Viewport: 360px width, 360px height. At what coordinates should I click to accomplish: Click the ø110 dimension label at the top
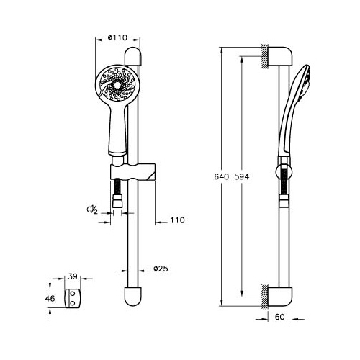click(117, 37)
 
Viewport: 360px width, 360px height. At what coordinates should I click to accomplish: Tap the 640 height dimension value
click(222, 177)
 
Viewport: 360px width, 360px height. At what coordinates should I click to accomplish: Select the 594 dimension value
click(242, 177)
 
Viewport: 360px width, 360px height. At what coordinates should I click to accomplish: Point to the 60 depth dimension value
click(279, 317)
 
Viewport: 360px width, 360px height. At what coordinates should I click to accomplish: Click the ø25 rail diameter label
click(161, 269)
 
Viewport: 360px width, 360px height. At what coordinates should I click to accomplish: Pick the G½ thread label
click(92, 210)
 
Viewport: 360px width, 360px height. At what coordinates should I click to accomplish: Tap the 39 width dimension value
click(73, 276)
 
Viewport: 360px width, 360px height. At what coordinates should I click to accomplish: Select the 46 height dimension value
click(50, 299)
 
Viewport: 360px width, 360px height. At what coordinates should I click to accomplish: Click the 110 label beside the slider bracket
click(177, 220)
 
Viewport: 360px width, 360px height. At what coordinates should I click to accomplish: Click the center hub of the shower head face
click(117, 85)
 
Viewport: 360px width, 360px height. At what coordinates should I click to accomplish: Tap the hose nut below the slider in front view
click(117, 202)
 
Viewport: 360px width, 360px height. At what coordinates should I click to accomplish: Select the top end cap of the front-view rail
click(133, 56)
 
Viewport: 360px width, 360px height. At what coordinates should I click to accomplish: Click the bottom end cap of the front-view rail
click(133, 297)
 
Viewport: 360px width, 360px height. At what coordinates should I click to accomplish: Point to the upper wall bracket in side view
click(280, 56)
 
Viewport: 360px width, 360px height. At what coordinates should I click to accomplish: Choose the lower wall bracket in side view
click(280, 297)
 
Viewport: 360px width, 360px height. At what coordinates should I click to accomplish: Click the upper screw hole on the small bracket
click(72, 293)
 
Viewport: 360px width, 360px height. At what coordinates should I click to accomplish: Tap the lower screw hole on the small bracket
click(72, 304)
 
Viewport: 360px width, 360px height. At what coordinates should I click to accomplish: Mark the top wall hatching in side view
click(265, 56)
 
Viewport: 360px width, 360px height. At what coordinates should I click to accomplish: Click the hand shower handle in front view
click(117, 131)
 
